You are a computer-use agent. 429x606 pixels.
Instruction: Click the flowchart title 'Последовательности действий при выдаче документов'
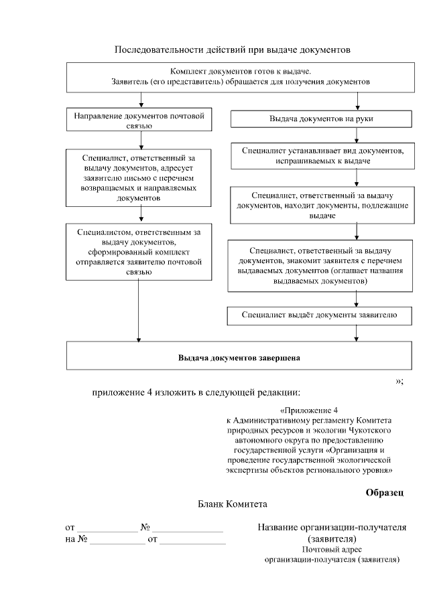[x=233, y=50]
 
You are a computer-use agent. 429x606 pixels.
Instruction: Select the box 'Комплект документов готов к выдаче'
[x=241, y=76]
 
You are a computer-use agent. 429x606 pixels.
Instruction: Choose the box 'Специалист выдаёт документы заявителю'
[x=321, y=315]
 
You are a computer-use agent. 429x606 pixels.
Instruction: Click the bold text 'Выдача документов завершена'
[x=239, y=358]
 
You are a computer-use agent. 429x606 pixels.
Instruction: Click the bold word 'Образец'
[x=384, y=492]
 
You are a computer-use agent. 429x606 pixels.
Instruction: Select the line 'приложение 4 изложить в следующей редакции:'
[x=196, y=392]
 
